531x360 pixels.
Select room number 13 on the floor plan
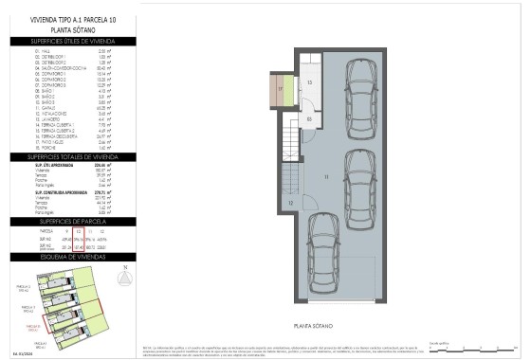point(309,83)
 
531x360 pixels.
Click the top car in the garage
point(360,99)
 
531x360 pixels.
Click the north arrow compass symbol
point(126,277)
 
